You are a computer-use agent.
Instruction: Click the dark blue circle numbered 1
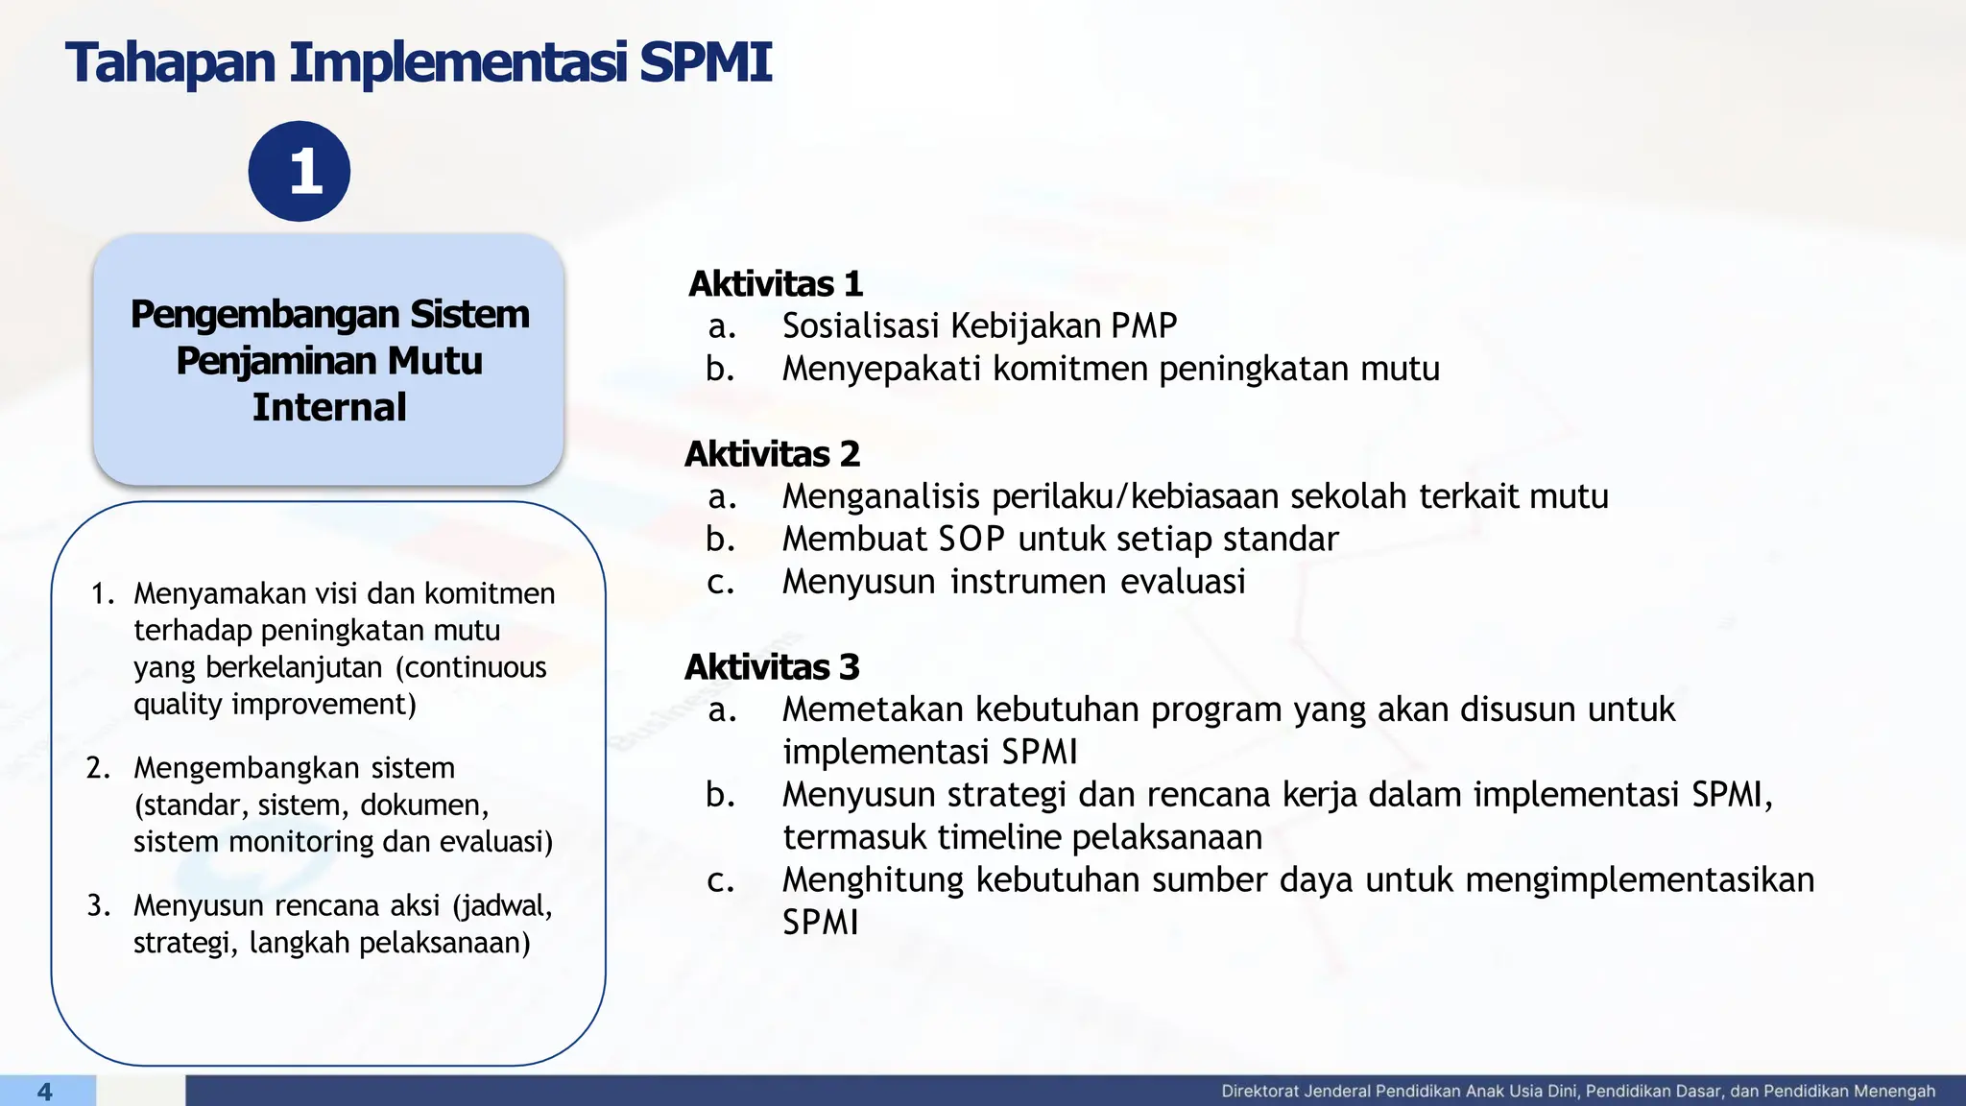pyautogui.click(x=300, y=172)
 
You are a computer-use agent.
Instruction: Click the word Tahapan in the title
pyautogui.click(x=171, y=63)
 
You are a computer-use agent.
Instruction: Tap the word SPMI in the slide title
pyautogui.click(x=706, y=63)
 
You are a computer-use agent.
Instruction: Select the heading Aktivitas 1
pyautogui.click(x=776, y=284)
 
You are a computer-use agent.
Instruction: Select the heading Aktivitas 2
pyautogui.click(x=772, y=454)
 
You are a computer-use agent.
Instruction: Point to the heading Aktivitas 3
pyautogui.click(x=772, y=667)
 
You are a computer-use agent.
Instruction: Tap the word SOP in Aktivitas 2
pyautogui.click(x=971, y=540)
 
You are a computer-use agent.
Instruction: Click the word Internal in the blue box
pyautogui.click(x=329, y=407)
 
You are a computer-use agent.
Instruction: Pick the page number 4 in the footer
pyautogui.click(x=44, y=1092)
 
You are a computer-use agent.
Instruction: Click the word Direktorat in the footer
pyautogui.click(x=1259, y=1092)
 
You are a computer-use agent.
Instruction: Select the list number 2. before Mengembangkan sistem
pyautogui.click(x=100, y=768)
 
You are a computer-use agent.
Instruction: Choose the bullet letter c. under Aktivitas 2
pyautogui.click(x=721, y=582)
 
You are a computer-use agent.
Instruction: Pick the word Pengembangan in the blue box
pyautogui.click(x=265, y=315)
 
